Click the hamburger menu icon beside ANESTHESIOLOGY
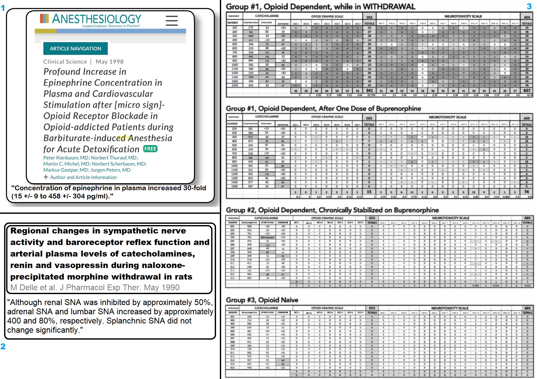pyautogui.click(x=171, y=20)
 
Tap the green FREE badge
pyautogui.click(x=150, y=149)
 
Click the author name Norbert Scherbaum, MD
pyautogui.click(x=119, y=164)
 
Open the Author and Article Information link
pyautogui.click(x=83, y=177)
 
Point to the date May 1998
pyautogui.click(x=110, y=62)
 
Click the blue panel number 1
pyautogui.click(x=3, y=8)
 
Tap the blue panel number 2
pyautogui.click(x=3, y=347)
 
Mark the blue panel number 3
pyautogui.click(x=529, y=6)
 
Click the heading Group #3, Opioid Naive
pyautogui.click(x=262, y=300)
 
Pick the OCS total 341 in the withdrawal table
pyautogui.click(x=369, y=91)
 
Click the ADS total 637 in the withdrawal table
pyautogui.click(x=527, y=91)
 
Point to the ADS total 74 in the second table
pyautogui.click(x=527, y=192)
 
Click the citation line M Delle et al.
pyautogui.click(x=95, y=287)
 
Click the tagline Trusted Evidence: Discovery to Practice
pyautogui.click(x=111, y=26)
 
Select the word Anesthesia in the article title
pyautogui.click(x=150, y=138)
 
